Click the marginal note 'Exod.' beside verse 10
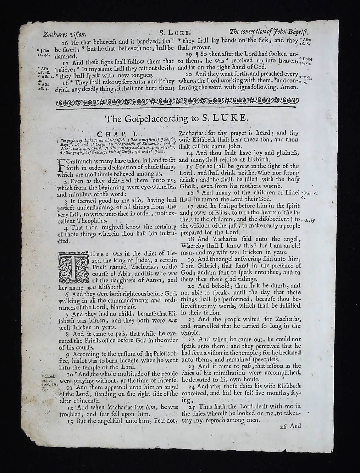pyautogui.click(x=48, y=375)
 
